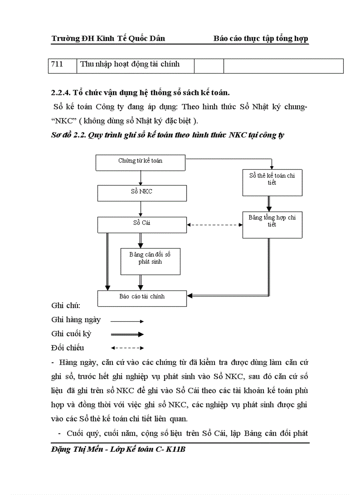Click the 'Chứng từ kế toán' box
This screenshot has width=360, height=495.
[140, 162]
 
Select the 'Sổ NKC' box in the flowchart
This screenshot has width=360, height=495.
[141, 193]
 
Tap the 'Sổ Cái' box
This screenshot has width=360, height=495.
[142, 224]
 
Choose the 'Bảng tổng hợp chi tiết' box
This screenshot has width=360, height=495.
[272, 224]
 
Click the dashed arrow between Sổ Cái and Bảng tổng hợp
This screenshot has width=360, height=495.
[214, 225]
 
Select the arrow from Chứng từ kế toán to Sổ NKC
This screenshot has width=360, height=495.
[141, 177]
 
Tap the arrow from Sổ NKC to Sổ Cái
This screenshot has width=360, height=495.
[141, 208]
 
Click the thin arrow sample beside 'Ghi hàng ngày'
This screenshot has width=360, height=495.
[127, 321]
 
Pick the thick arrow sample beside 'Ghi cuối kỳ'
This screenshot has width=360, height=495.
[127, 335]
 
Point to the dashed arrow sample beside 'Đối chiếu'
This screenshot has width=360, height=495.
[127, 348]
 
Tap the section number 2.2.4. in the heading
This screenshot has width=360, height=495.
[61, 93]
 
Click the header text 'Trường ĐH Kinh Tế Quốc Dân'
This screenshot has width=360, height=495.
[108, 38]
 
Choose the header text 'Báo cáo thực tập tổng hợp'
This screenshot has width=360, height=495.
[261, 38]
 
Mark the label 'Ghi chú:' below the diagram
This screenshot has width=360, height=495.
[63, 305]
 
